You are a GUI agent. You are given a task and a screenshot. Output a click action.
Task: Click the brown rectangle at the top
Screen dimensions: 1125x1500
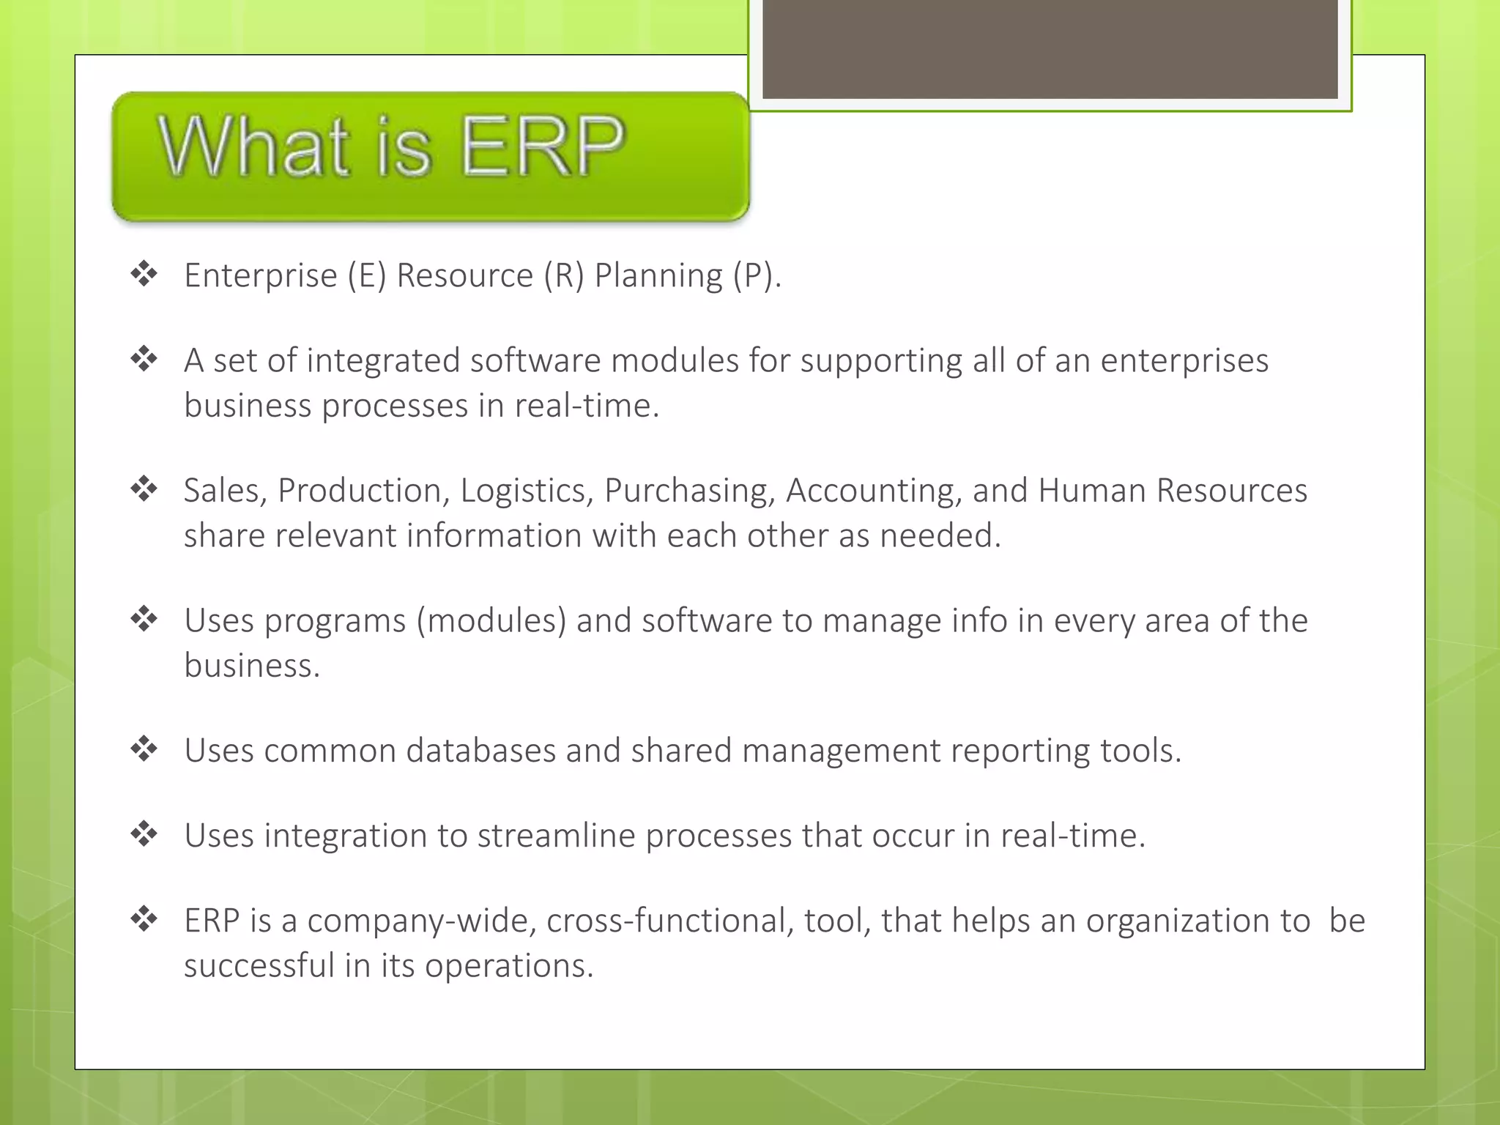pos(1050,48)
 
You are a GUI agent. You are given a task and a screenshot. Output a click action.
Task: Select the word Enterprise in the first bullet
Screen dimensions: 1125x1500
pos(260,276)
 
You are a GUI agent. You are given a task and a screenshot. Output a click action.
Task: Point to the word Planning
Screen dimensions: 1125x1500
pos(658,276)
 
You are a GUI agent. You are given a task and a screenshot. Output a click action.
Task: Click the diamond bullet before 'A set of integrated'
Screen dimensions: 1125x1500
pos(144,359)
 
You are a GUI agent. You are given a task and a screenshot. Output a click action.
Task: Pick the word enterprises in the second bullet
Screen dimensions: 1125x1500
pos(1184,361)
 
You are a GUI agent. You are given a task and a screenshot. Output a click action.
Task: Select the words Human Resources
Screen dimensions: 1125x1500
pos(1172,491)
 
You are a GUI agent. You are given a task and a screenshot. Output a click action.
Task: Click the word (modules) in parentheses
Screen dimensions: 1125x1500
pos(491,621)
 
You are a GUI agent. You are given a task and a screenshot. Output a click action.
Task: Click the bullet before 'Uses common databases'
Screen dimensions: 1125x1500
pos(144,749)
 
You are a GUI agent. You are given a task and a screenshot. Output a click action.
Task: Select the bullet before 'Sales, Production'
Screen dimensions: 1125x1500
pos(144,489)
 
